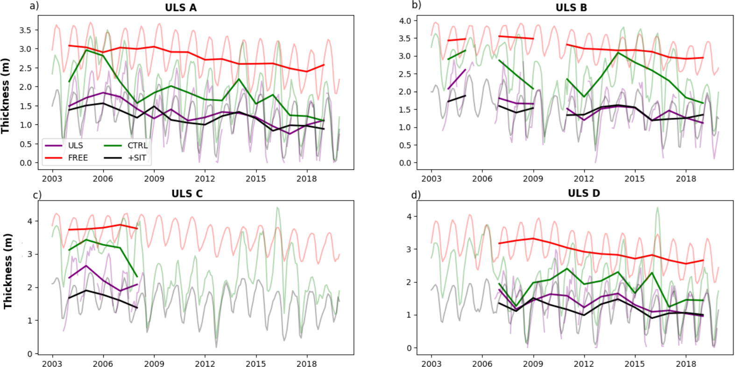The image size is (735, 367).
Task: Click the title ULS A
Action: click(x=181, y=7)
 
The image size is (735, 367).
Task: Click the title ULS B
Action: click(x=571, y=7)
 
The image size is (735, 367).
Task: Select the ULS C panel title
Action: click(x=187, y=194)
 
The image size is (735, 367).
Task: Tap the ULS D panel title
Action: click(x=584, y=193)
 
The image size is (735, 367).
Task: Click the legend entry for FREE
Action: click(x=78, y=158)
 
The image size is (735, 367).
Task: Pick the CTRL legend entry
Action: click(x=137, y=145)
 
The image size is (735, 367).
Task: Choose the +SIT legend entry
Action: click(x=137, y=158)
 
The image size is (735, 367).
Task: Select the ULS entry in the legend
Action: click(x=75, y=145)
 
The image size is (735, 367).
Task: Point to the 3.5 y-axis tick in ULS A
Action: click(x=26, y=30)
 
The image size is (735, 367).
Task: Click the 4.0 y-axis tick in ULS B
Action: click(x=405, y=21)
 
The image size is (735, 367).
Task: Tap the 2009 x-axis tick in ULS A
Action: click(x=154, y=179)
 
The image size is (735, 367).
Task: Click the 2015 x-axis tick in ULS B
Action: click(x=635, y=179)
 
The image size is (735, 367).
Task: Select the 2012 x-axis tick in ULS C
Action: click(x=205, y=364)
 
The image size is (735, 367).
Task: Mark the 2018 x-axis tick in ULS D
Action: click(x=686, y=364)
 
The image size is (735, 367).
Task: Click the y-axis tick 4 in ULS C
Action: click(x=29, y=221)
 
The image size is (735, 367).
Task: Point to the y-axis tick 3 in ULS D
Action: click(x=409, y=249)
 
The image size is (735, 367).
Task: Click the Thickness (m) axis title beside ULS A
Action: click(x=6, y=96)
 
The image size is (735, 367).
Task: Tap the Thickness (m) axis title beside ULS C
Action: click(x=7, y=271)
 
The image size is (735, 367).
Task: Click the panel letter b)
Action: click(x=416, y=5)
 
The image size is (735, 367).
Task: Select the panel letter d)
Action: click(x=416, y=194)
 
